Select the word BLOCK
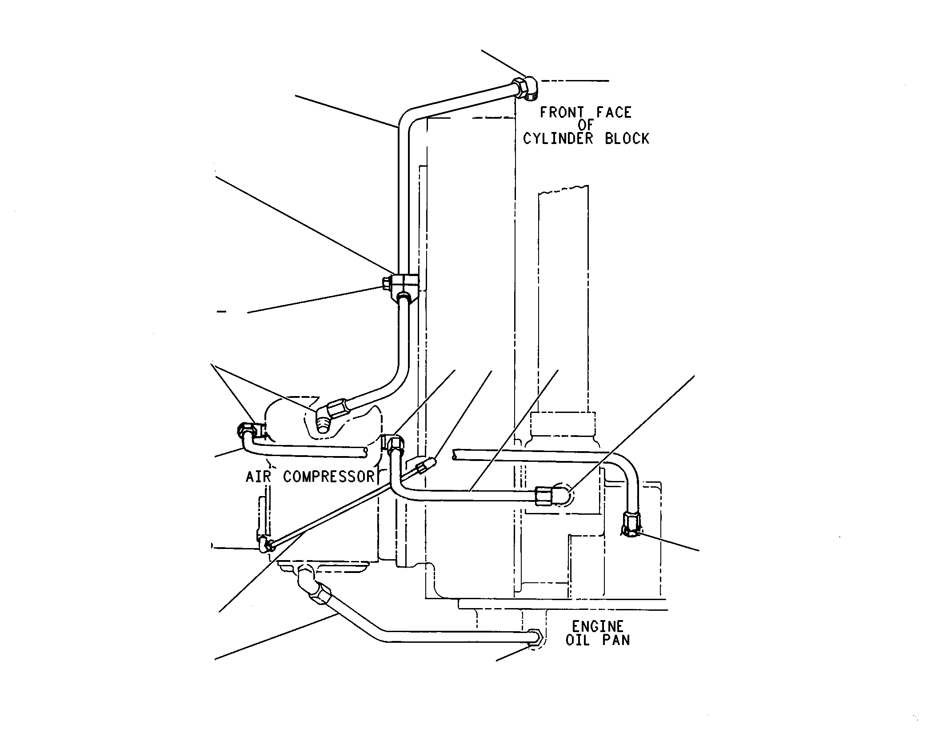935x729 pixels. point(627,139)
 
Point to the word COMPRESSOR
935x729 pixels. point(329,477)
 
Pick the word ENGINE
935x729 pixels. point(597,627)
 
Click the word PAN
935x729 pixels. point(616,640)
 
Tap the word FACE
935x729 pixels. point(614,113)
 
